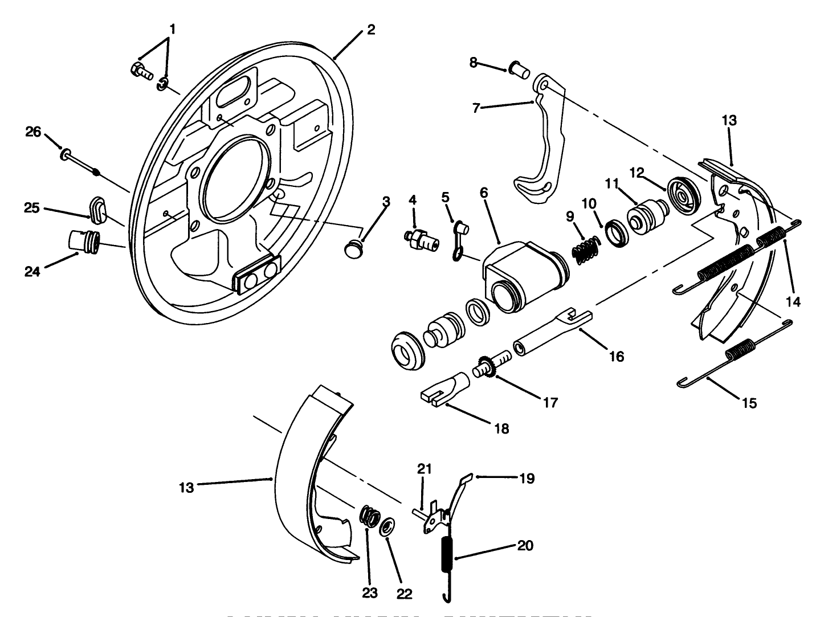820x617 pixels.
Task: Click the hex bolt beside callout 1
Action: click(139, 71)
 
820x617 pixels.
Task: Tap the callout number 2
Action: click(371, 30)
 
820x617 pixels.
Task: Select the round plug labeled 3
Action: click(354, 249)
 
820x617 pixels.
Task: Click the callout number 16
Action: click(616, 357)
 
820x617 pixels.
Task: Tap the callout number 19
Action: click(527, 479)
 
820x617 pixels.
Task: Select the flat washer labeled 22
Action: click(387, 527)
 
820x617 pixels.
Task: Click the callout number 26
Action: click(34, 132)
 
